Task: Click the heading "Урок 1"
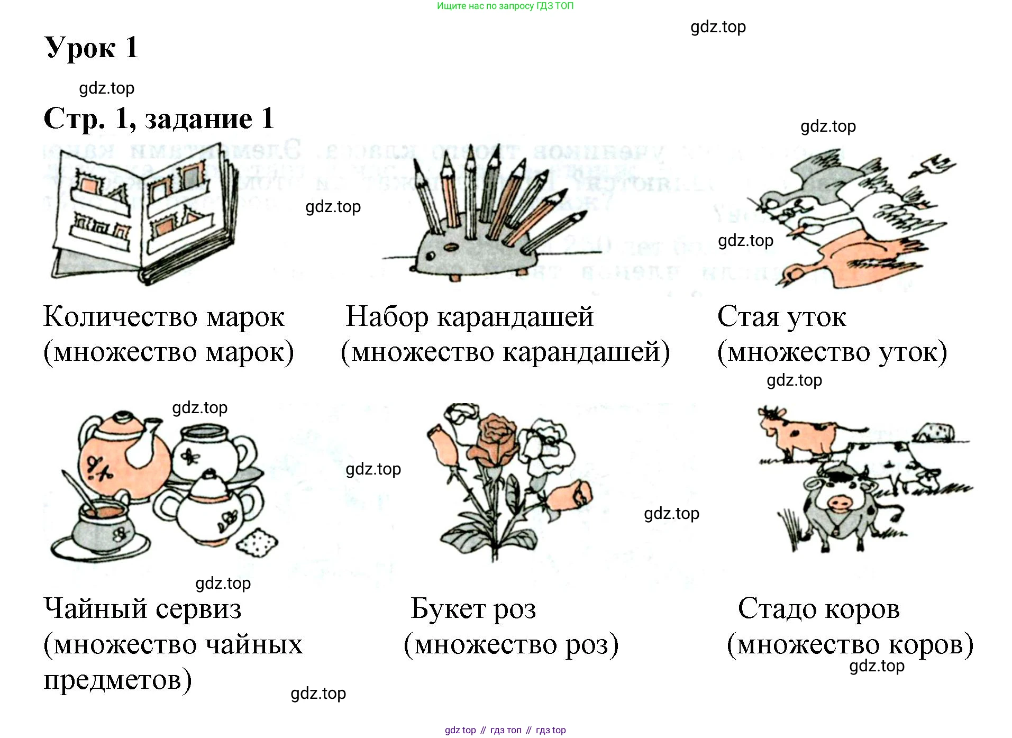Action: (91, 48)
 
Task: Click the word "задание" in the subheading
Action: (198, 119)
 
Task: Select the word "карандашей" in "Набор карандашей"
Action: (516, 317)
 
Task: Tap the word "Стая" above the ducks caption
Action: (747, 317)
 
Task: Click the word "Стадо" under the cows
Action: (776, 609)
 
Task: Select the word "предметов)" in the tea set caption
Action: (117, 680)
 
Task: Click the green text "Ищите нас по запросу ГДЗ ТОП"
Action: (505, 6)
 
